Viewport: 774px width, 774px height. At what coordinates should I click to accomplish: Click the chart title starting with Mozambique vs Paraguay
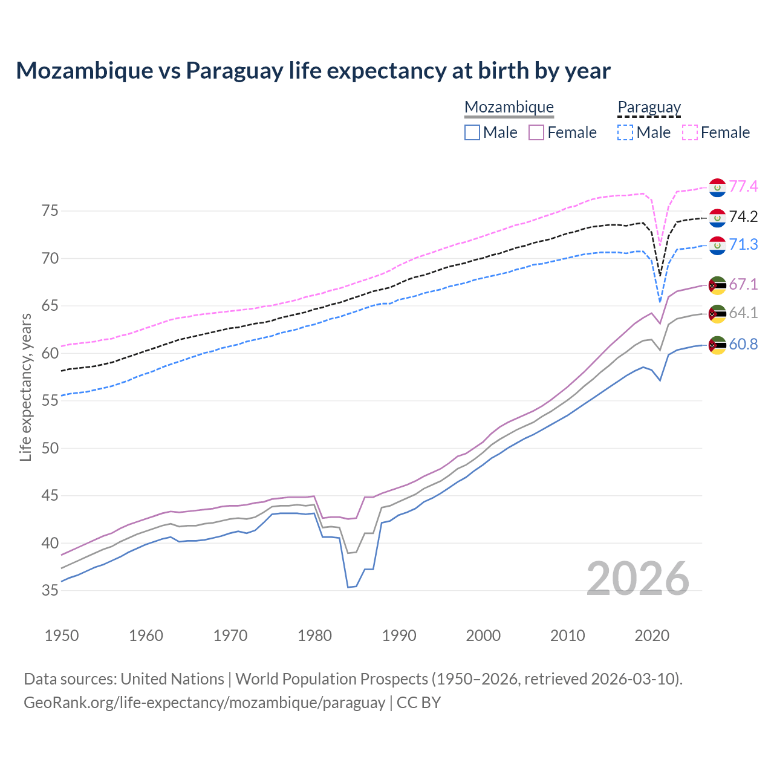point(313,71)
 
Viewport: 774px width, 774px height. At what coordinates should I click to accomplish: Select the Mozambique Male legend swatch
point(472,132)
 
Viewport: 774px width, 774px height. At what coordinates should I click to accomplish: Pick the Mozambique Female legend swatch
point(536,132)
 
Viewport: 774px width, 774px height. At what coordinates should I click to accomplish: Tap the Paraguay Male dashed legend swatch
point(625,132)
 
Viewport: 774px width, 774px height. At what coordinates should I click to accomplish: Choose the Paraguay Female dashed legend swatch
point(690,132)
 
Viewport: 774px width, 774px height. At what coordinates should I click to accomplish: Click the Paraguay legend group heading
point(649,108)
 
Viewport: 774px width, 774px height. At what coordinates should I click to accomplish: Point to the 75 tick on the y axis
point(50,211)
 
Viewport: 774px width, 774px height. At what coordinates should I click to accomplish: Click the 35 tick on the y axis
point(50,590)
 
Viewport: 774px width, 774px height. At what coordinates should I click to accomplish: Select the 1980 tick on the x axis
point(315,636)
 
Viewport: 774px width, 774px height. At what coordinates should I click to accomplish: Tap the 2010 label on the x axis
point(568,636)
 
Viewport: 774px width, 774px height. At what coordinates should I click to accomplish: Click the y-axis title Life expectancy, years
point(25,388)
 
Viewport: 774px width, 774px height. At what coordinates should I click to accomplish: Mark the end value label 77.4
point(743,186)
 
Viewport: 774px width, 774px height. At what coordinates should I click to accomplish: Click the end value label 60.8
point(743,344)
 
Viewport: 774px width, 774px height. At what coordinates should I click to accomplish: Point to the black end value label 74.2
point(743,216)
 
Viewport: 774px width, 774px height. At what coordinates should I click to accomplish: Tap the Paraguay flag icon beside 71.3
point(717,246)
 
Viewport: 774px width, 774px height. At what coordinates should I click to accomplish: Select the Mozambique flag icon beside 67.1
point(717,285)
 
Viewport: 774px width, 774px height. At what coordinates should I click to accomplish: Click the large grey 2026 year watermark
point(638,579)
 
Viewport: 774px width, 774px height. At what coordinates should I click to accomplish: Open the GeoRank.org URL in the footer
point(204,703)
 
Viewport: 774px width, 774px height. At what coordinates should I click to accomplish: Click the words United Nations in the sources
point(172,679)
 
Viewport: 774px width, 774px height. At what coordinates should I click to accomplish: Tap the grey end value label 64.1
point(743,313)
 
